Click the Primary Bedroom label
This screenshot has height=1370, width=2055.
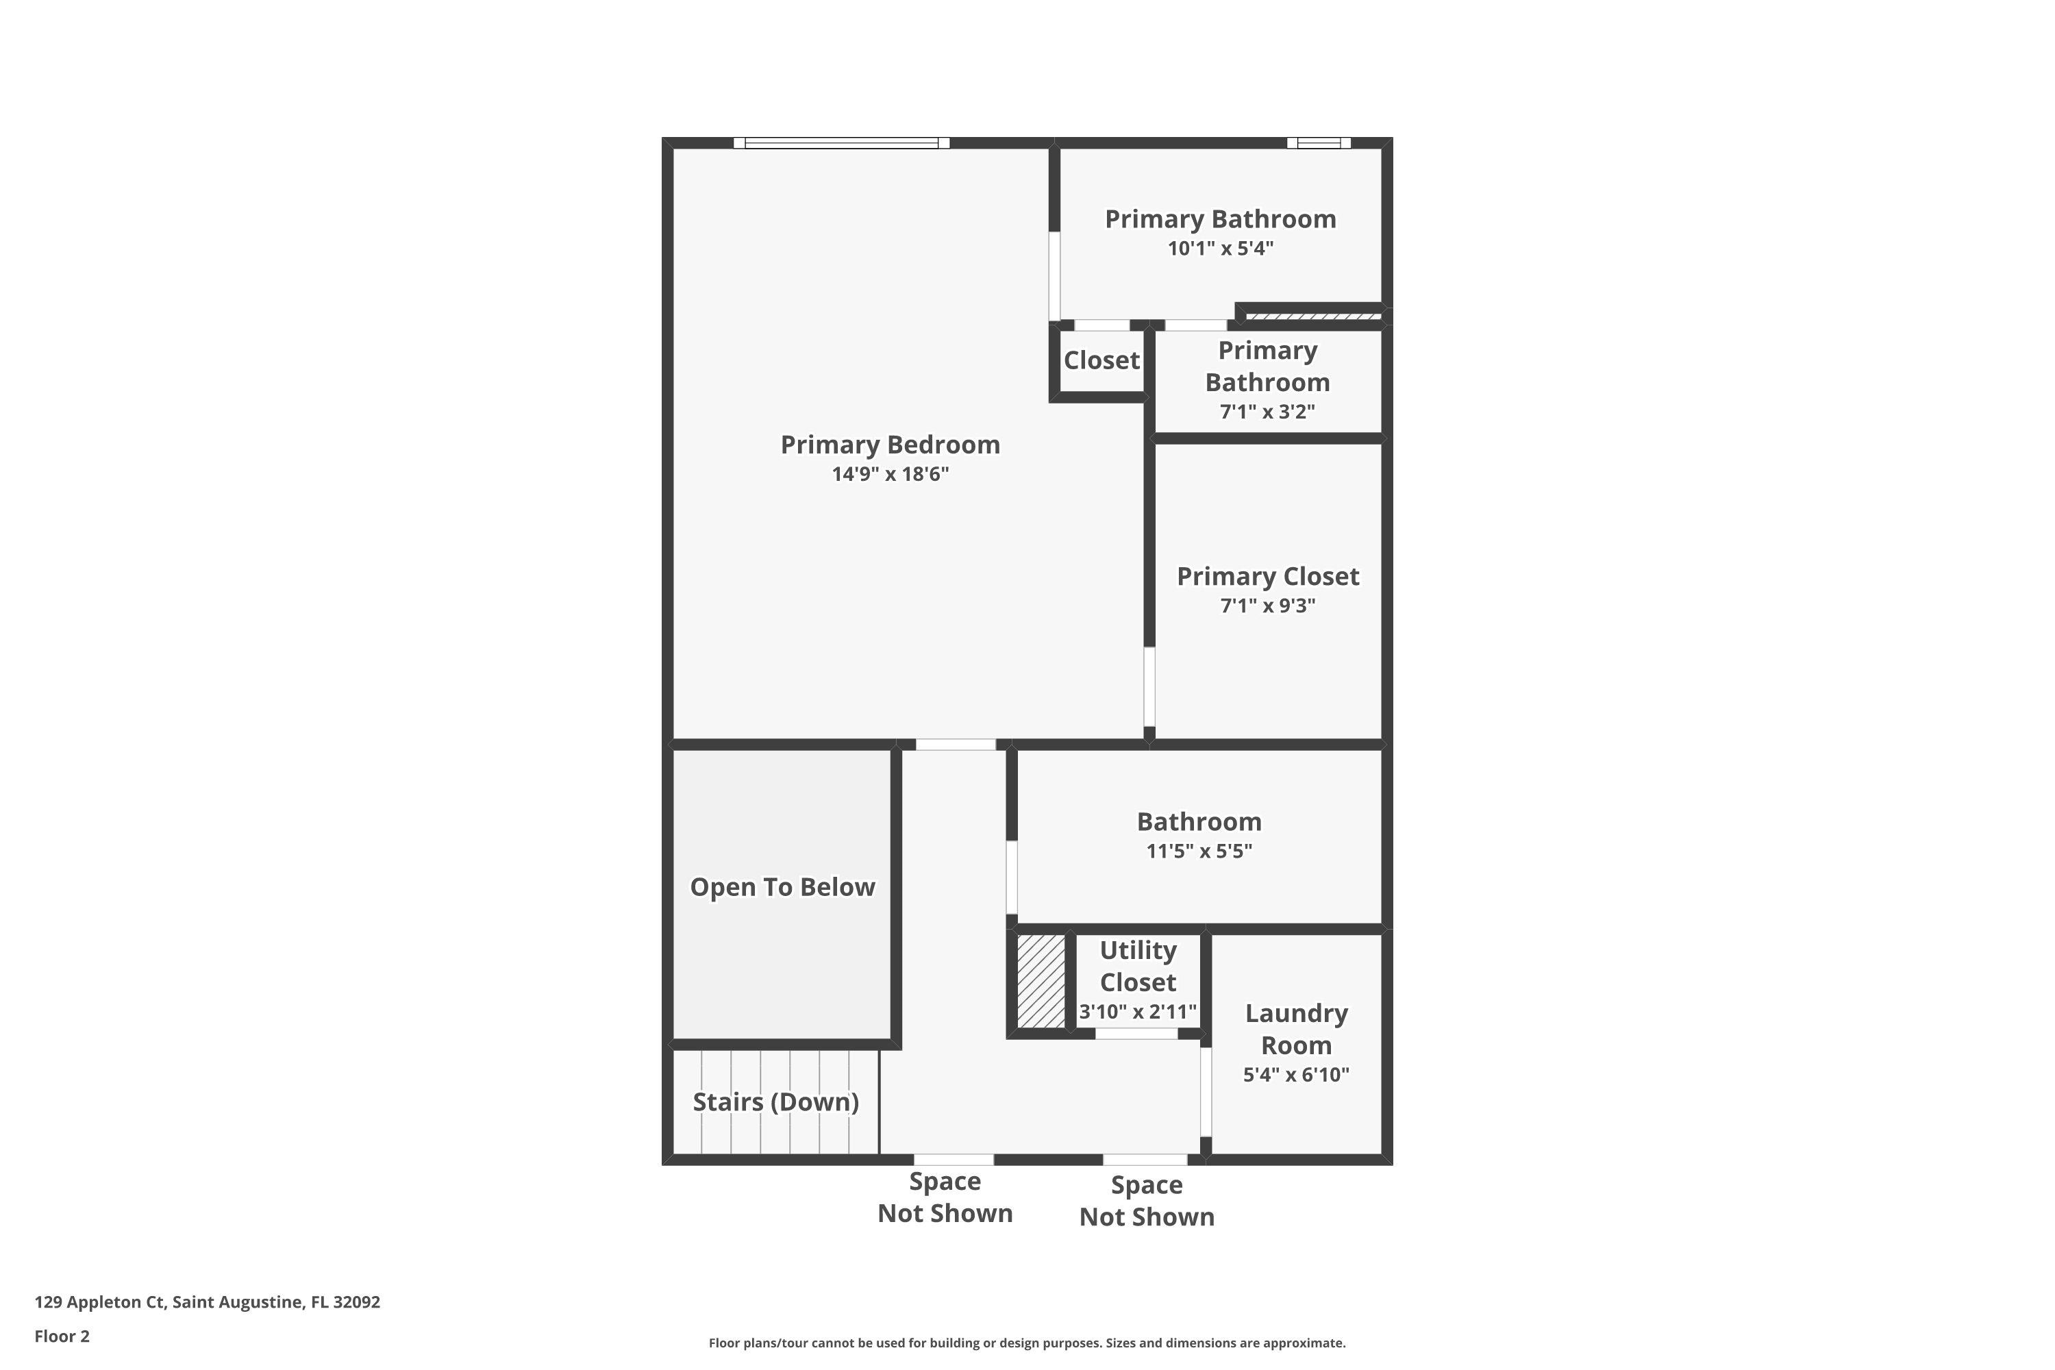tap(889, 445)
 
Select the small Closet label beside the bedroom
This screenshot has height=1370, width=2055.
tap(1101, 360)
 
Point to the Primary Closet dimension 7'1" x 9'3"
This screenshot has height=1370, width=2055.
tap(1267, 606)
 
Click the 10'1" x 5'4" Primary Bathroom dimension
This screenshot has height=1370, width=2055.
tap(1220, 248)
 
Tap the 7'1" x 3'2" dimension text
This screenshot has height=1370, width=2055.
tap(1267, 412)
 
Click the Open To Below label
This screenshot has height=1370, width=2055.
tap(782, 887)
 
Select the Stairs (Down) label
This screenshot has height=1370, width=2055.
tap(775, 1101)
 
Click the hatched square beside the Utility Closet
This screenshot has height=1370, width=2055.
tap(1041, 981)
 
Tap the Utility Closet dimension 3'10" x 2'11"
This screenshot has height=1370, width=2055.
tap(1136, 1012)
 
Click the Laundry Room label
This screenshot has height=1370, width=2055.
tap(1296, 1030)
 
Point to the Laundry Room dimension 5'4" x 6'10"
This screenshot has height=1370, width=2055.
tap(1296, 1075)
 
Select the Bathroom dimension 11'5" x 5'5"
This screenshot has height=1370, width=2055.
tap(1199, 851)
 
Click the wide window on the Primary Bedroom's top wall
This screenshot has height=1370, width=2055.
tap(840, 143)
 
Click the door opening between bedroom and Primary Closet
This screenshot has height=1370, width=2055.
tap(1149, 687)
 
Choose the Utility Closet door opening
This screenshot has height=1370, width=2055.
tap(1136, 1034)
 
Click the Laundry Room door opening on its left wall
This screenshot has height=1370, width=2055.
tap(1205, 1092)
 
